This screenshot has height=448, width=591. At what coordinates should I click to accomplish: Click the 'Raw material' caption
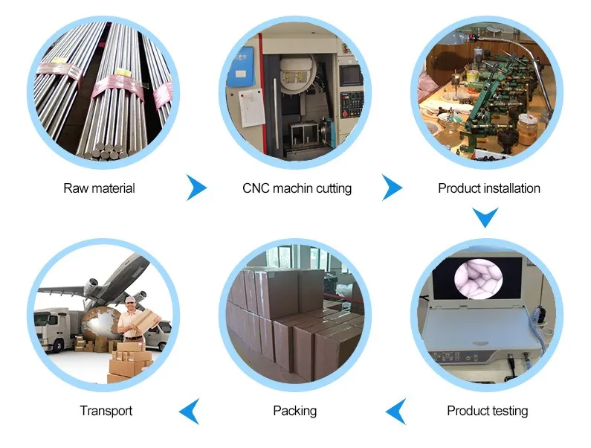point(99,188)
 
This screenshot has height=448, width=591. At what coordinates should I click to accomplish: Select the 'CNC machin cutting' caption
point(297,188)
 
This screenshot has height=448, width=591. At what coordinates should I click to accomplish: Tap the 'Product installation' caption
point(488,188)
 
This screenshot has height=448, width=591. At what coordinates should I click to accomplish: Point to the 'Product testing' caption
point(487,410)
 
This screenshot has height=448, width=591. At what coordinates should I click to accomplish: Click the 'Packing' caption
point(294,410)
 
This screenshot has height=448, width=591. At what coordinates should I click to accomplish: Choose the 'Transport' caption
point(106,410)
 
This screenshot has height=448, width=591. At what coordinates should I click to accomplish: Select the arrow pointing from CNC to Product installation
point(392,188)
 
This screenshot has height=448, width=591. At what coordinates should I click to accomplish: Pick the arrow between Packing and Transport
point(190,411)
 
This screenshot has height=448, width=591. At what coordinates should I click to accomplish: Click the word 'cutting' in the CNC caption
point(332,188)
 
